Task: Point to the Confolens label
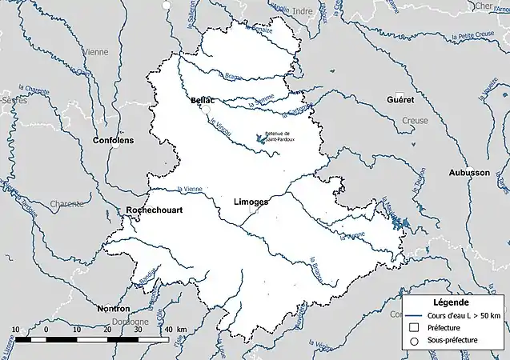(x=114, y=140)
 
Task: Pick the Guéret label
(x=400, y=101)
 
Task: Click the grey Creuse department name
(x=415, y=120)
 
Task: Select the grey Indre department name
(x=303, y=11)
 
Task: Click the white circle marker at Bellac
(x=206, y=109)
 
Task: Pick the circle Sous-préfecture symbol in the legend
(x=414, y=341)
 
